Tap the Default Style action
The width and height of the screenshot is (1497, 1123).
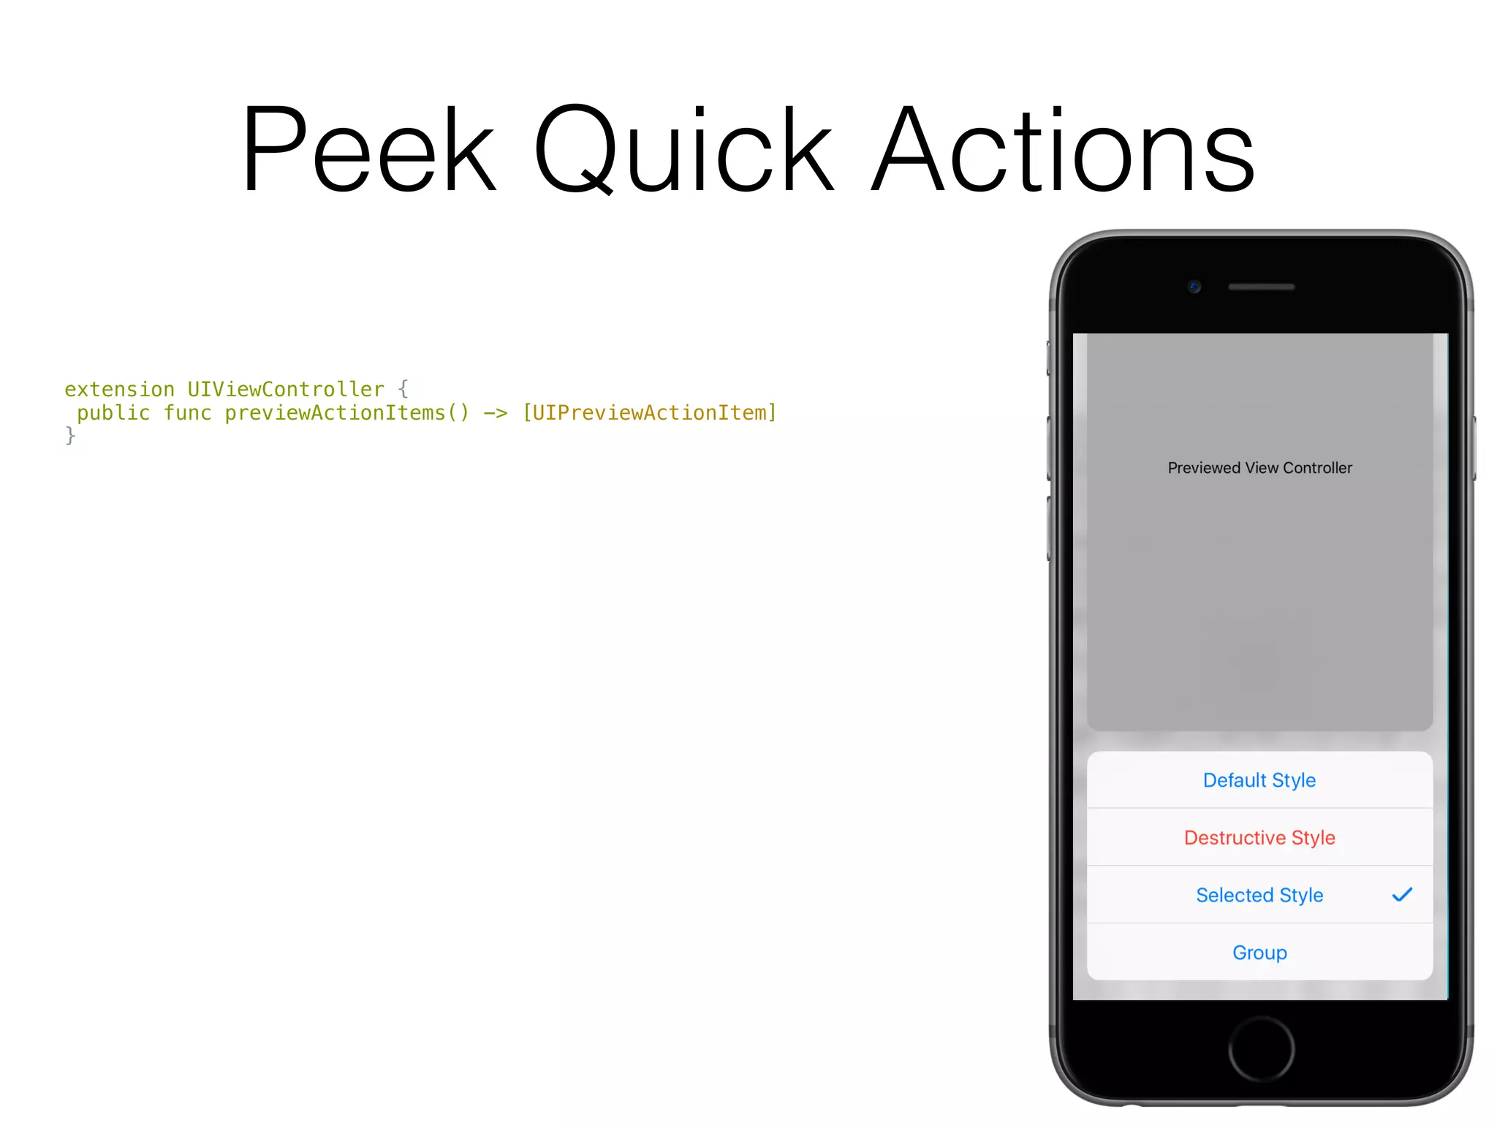click(1259, 780)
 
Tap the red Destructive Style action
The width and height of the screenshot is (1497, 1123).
click(1259, 837)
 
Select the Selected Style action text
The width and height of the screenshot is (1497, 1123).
click(1259, 895)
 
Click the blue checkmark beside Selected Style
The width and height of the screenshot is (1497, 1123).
click(1402, 895)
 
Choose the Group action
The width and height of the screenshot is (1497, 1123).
click(1259, 953)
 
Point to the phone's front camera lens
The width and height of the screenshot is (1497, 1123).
click(1194, 287)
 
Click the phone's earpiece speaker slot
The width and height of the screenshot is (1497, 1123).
click(1261, 287)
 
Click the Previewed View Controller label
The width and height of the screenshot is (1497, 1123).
click(1259, 468)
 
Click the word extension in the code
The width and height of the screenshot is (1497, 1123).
click(119, 389)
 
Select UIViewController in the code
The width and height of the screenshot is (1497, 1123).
click(285, 389)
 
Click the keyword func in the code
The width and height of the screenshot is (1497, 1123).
click(187, 413)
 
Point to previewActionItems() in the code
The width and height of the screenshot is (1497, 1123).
click(346, 413)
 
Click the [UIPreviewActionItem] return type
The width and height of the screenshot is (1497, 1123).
click(649, 413)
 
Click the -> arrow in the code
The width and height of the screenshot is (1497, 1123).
click(495, 413)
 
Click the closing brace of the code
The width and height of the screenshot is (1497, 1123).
click(70, 436)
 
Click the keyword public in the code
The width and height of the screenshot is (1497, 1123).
click(113, 413)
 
